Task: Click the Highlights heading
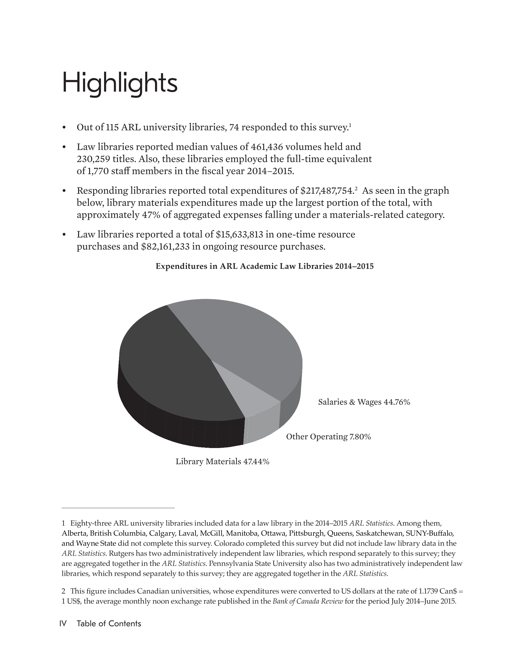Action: pyautogui.click(x=120, y=83)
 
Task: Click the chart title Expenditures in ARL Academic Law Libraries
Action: pyautogui.click(x=265, y=266)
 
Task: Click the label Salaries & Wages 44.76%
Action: pyautogui.click(x=364, y=402)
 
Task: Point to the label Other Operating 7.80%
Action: pyautogui.click(x=328, y=437)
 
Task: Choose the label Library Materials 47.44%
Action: pyautogui.click(x=222, y=462)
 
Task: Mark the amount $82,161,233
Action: pyautogui.click(x=166, y=246)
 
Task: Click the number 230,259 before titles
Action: pyautogui.click(x=93, y=159)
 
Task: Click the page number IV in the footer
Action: pyautogui.click(x=64, y=623)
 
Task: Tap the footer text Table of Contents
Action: pyautogui.click(x=109, y=623)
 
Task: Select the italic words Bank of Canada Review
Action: pyautogui.click(x=308, y=601)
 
